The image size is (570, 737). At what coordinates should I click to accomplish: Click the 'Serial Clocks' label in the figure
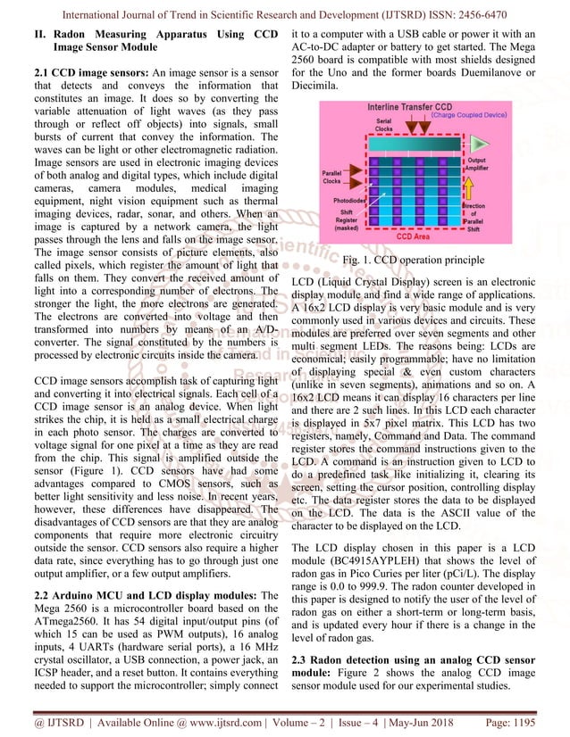tap(383, 125)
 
